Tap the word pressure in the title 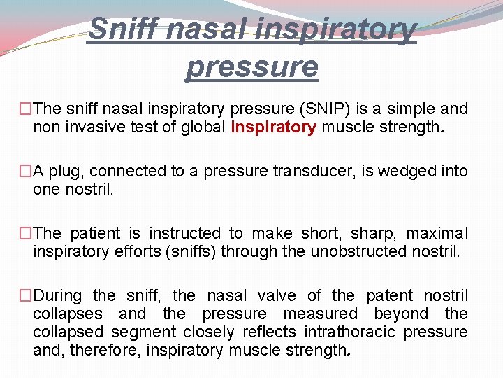[x=251, y=66]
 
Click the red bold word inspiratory [x=273, y=127]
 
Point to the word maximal [x=437, y=233]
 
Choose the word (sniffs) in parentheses [x=191, y=251]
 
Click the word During [x=57, y=295]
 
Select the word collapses [x=67, y=314]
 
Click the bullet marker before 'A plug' [x=26, y=171]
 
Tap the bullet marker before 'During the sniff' [x=26, y=295]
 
